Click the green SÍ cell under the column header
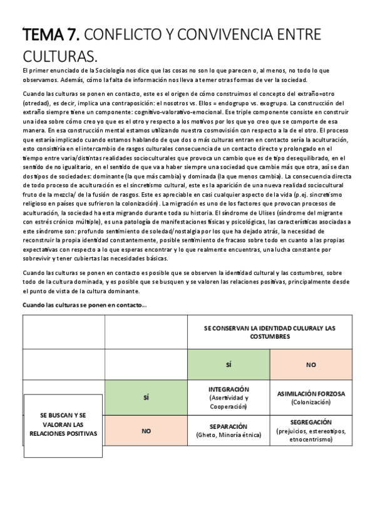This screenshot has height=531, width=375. [x=229, y=364]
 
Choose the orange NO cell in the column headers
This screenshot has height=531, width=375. [x=311, y=364]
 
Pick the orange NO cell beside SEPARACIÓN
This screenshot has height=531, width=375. [x=146, y=431]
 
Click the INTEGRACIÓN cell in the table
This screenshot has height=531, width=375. [x=229, y=397]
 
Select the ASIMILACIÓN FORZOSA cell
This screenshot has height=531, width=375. [x=311, y=398]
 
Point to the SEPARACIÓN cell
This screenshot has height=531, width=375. [x=229, y=430]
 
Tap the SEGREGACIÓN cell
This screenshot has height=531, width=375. [x=311, y=430]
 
